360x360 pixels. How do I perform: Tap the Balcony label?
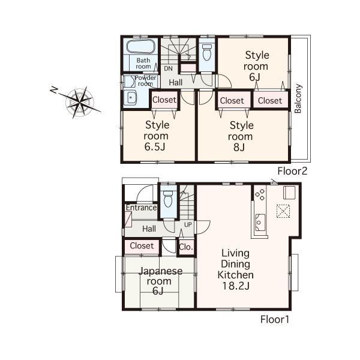point(298,98)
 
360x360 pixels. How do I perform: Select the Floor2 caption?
point(292,171)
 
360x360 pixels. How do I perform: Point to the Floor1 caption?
point(275,319)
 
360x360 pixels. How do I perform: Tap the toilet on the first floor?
point(168,197)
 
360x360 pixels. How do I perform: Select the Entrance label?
point(141,208)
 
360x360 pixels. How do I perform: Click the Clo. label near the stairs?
point(186,246)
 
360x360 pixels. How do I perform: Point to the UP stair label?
point(188,225)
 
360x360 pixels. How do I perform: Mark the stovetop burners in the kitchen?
point(260,194)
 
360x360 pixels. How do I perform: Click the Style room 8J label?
point(242,136)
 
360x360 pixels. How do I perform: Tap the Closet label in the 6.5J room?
point(164,100)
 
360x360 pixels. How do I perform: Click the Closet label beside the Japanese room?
point(142,246)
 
